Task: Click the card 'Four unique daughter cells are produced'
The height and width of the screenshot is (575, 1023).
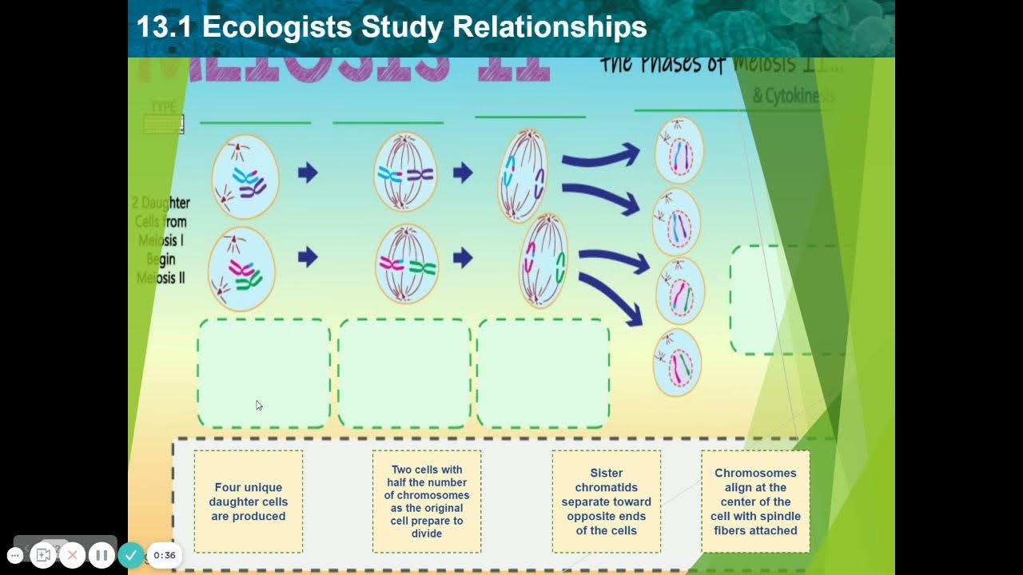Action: (x=248, y=502)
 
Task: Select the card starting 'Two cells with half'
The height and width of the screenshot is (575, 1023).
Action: (x=427, y=502)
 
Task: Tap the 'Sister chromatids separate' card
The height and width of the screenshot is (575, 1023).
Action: (x=606, y=502)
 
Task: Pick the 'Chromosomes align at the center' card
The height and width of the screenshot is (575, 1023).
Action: (x=755, y=502)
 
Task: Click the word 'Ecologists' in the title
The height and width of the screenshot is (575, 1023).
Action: (x=277, y=27)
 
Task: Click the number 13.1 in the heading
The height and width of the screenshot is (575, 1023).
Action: (x=165, y=27)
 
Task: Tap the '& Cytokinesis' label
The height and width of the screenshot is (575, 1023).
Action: (x=793, y=96)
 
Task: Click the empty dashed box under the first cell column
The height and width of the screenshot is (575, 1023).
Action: (x=264, y=373)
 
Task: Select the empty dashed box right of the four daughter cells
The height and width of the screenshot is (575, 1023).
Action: (x=787, y=299)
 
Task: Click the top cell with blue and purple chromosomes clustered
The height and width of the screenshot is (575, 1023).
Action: (x=245, y=176)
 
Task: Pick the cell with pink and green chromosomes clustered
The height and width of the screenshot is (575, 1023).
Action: (x=241, y=268)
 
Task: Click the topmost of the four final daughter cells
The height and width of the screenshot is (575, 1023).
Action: (x=679, y=150)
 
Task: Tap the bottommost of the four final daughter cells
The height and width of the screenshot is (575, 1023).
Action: (x=677, y=363)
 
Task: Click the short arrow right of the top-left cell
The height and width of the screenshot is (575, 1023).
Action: (x=308, y=172)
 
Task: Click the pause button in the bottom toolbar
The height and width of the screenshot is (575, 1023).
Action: (x=102, y=555)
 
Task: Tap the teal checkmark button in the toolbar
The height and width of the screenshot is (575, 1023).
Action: (x=131, y=555)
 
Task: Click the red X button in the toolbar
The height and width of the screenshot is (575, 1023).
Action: (x=73, y=555)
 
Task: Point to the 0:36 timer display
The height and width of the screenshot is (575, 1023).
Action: (x=165, y=555)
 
